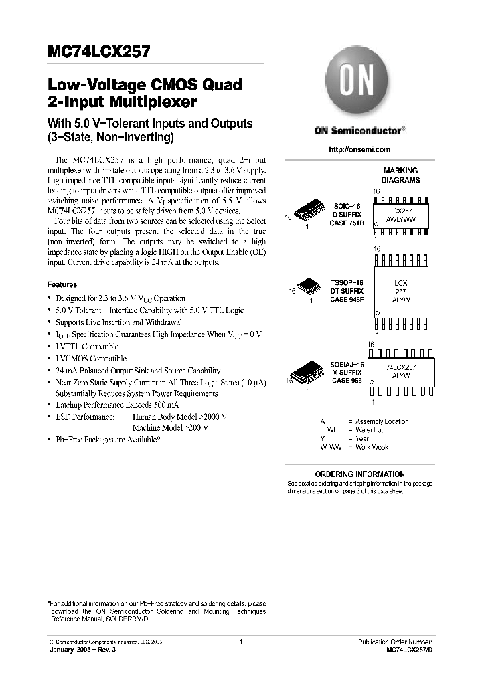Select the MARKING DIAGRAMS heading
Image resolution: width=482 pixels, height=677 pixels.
pos(401,175)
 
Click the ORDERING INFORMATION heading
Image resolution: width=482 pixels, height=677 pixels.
pos(359,474)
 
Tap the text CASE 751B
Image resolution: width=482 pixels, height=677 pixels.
pos(347,223)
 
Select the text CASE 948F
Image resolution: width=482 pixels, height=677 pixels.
pos(347,300)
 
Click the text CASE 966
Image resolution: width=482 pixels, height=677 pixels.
pos(347,380)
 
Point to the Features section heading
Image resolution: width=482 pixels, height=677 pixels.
pos(62,284)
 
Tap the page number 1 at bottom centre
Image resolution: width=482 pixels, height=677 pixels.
pos(240,642)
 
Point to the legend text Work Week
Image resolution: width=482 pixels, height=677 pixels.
pos(372,447)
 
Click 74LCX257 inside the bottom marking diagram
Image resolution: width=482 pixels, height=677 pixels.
pos(402,368)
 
